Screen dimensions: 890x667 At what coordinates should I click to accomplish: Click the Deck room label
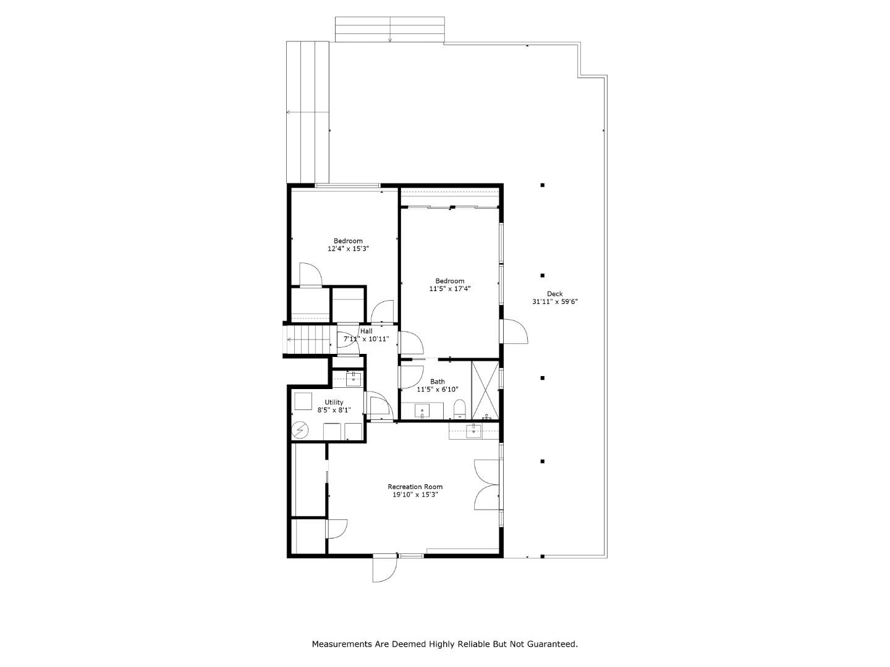pyautogui.click(x=554, y=293)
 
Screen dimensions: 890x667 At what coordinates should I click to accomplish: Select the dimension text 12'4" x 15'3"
pyautogui.click(x=348, y=249)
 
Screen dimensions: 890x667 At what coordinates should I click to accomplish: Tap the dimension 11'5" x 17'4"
pyautogui.click(x=450, y=289)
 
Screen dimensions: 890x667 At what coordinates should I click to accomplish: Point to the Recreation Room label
pyautogui.click(x=415, y=487)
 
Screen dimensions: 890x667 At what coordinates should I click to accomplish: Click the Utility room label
pyautogui.click(x=334, y=402)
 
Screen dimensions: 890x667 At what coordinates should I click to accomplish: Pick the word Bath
pyautogui.click(x=437, y=382)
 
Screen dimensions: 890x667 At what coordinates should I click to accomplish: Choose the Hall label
pyautogui.click(x=366, y=331)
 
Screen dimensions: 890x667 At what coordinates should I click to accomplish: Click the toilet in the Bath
pyautogui.click(x=459, y=409)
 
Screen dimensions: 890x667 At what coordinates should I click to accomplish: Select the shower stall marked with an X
pyautogui.click(x=485, y=390)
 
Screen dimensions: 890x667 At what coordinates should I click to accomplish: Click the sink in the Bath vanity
pyautogui.click(x=422, y=411)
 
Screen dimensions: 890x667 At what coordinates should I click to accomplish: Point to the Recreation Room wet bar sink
pyautogui.click(x=473, y=431)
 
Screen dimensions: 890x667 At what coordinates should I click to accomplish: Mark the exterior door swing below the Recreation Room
pyautogui.click(x=384, y=569)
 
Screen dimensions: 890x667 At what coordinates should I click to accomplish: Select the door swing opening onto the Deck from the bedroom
pyautogui.click(x=515, y=331)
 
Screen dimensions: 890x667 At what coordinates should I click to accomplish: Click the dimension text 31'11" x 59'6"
pyautogui.click(x=554, y=302)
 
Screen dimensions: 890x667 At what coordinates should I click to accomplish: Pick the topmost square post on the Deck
pyautogui.click(x=543, y=185)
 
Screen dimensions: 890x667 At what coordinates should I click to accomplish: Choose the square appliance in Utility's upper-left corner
pyautogui.click(x=303, y=401)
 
